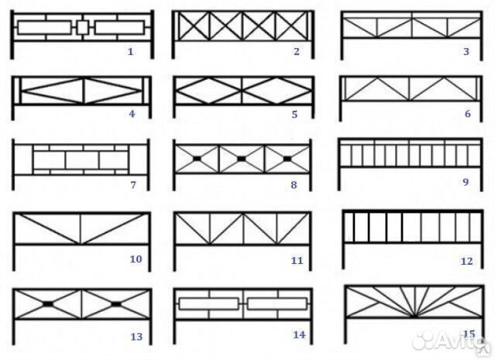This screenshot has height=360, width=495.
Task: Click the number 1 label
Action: pos(131,51)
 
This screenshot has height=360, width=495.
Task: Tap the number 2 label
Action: pos(297,51)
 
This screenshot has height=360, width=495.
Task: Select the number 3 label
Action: pos(466,51)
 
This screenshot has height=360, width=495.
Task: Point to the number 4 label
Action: pos(132,114)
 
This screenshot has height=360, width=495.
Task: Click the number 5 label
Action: pos(294,114)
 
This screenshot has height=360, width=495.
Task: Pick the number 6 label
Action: pos(468,114)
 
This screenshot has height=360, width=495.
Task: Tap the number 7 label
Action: pos(133,185)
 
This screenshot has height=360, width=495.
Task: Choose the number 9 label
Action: pos(466,182)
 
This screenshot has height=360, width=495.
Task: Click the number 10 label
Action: pos(136,259)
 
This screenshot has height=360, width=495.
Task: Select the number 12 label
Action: pos(467,261)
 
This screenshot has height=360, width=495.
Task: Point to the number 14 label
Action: pos(299,334)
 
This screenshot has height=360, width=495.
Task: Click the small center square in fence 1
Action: pos(83,27)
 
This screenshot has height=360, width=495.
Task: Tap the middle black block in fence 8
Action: pos(241,159)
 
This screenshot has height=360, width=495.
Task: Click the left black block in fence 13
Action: pos(48,303)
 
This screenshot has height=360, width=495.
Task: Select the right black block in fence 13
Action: pos(116,303)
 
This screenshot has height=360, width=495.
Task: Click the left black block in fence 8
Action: pos(196,159)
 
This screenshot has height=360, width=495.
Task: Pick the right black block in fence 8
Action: pos(287,159)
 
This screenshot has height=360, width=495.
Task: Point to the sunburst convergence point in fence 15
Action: pos(414,316)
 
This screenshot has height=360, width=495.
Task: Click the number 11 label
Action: pos(297,261)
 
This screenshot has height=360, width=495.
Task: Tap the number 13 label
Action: pos(136,337)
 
